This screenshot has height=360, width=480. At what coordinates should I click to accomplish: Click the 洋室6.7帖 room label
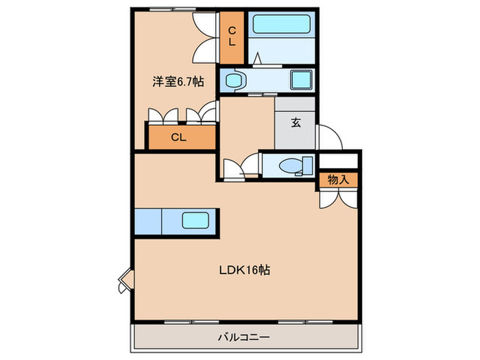point(178,81)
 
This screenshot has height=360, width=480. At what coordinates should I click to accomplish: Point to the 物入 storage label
point(338,180)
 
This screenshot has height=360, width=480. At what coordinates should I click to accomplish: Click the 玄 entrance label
point(296,123)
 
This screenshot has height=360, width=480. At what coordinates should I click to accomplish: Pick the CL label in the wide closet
point(179,137)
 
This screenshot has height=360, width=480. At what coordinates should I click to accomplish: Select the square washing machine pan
point(301,80)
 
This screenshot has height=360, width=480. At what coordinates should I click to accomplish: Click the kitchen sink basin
point(195,220)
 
